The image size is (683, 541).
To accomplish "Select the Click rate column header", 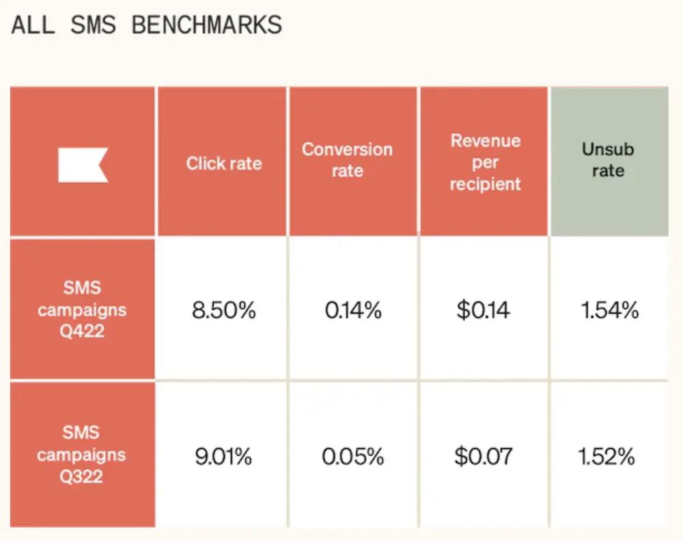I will (x=223, y=163).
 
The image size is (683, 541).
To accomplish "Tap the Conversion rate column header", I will (x=347, y=160).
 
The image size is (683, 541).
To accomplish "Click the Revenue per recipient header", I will (x=485, y=163).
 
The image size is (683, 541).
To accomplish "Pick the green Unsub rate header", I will (x=608, y=160).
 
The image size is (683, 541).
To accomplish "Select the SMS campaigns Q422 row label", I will (x=82, y=309).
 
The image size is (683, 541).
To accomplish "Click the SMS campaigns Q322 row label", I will (x=82, y=454).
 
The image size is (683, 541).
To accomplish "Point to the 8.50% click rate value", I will (x=223, y=311).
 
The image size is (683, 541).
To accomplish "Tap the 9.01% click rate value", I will (x=223, y=456).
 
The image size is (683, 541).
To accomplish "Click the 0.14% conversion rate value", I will (x=352, y=311).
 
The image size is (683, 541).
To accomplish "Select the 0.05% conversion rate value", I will (x=352, y=456).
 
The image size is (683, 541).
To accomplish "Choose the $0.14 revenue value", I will (x=483, y=311).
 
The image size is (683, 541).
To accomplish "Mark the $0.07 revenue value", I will (x=483, y=456).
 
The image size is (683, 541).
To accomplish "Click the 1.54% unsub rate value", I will (x=609, y=311).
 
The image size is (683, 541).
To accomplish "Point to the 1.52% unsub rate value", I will (x=607, y=456).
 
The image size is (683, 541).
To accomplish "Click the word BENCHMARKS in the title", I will (x=206, y=25).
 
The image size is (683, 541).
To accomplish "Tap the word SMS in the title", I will (x=93, y=25).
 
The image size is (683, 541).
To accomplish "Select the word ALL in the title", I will (x=33, y=25).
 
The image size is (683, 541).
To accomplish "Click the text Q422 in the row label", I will (x=82, y=332).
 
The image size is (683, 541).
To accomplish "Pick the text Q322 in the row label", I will (x=82, y=477).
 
